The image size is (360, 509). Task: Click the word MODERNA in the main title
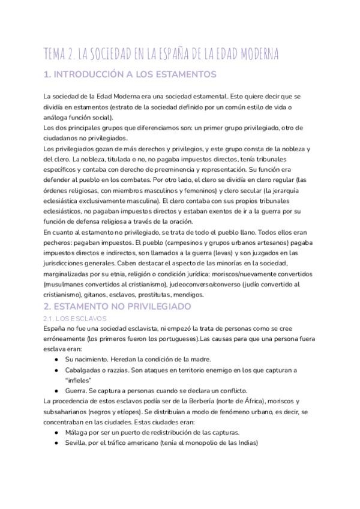click(x=251, y=54)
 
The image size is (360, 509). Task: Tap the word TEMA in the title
click(x=57, y=54)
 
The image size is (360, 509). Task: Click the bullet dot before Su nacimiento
click(x=56, y=359)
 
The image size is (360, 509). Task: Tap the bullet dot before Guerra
click(x=56, y=391)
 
